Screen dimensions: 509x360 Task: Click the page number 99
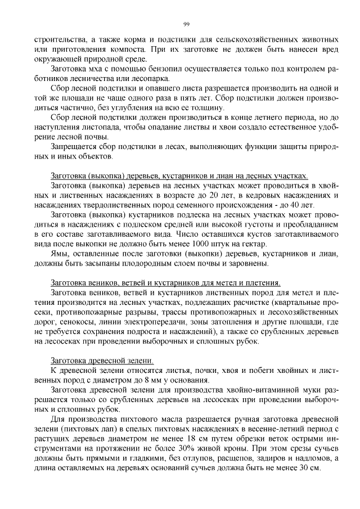coord(186,24)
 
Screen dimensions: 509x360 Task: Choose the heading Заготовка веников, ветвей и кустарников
coord(165,282)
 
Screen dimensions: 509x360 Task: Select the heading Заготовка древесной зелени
coord(102,360)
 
